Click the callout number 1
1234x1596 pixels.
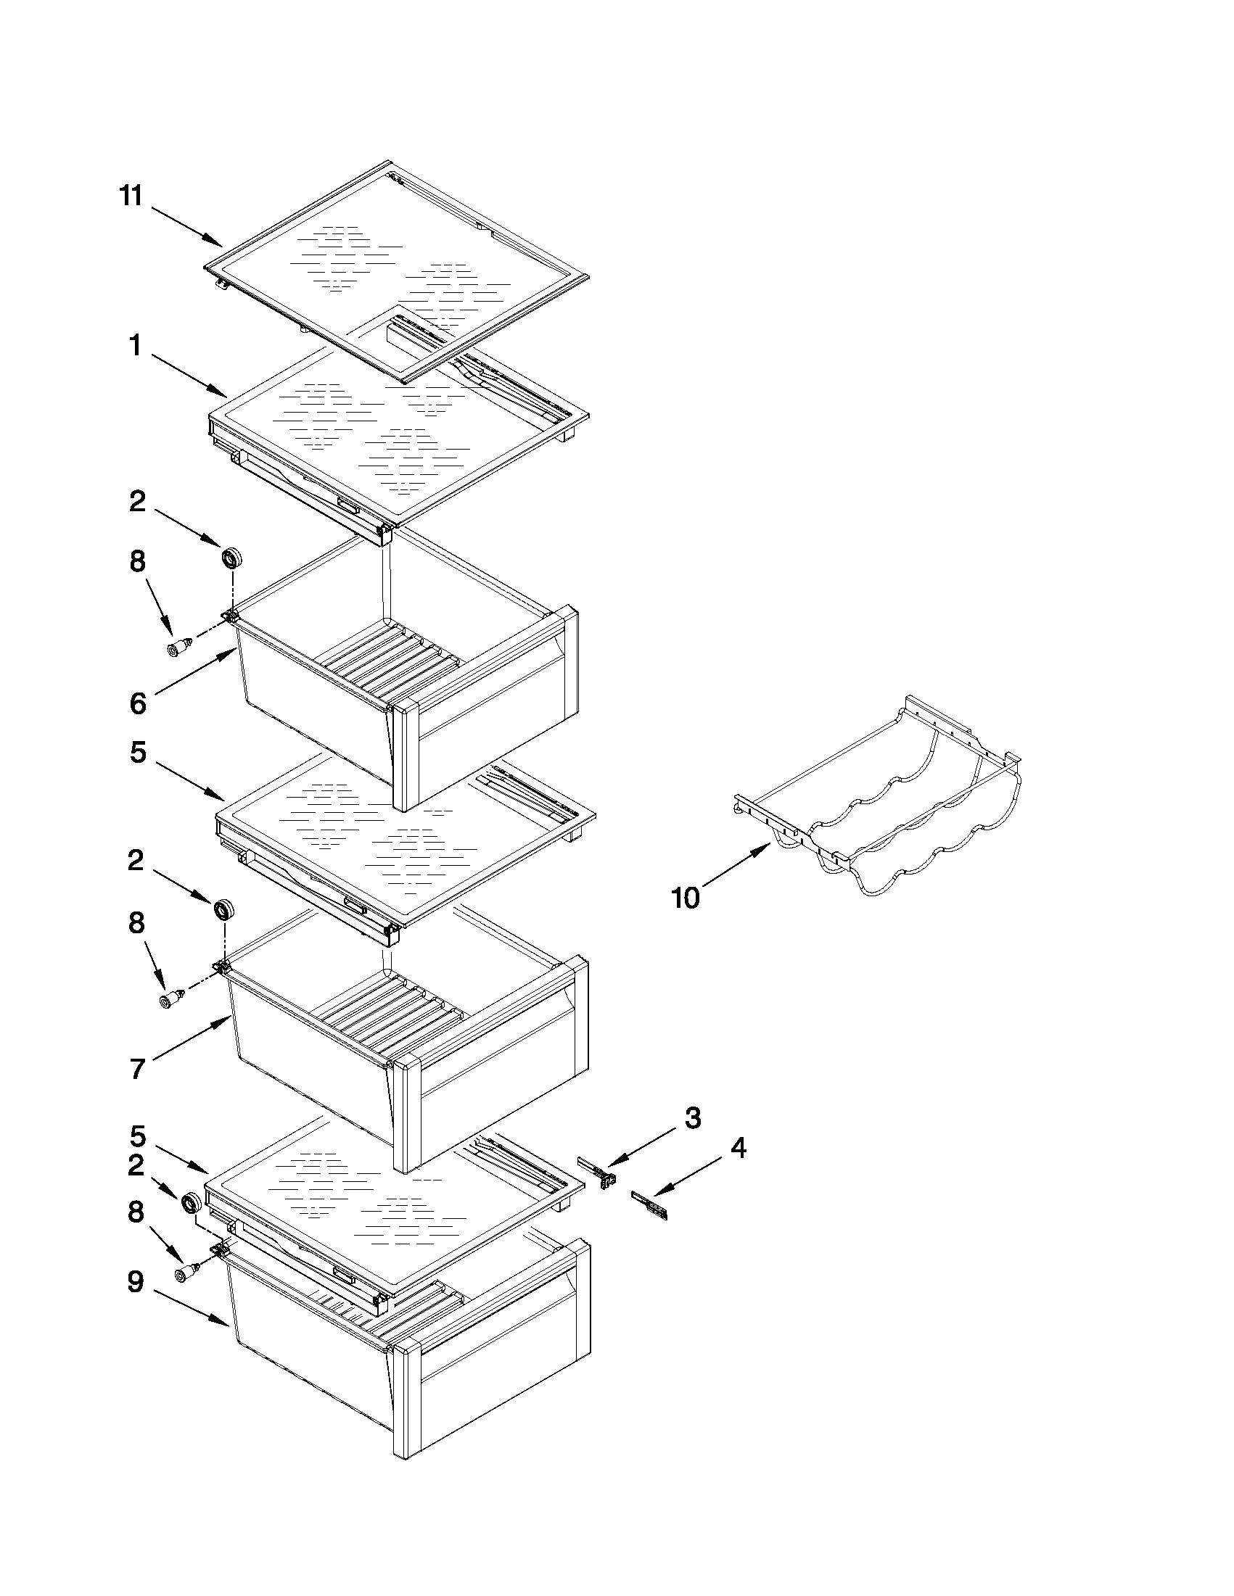click(135, 346)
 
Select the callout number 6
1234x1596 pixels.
click(137, 703)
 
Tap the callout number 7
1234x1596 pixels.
click(137, 1069)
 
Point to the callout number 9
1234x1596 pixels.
click(135, 1283)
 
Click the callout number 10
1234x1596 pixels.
click(685, 898)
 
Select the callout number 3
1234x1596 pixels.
click(692, 1117)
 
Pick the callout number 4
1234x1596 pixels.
click(739, 1148)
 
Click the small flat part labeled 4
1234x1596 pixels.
click(649, 1204)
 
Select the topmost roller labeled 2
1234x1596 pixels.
click(231, 558)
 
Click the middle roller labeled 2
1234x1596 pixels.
click(223, 911)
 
